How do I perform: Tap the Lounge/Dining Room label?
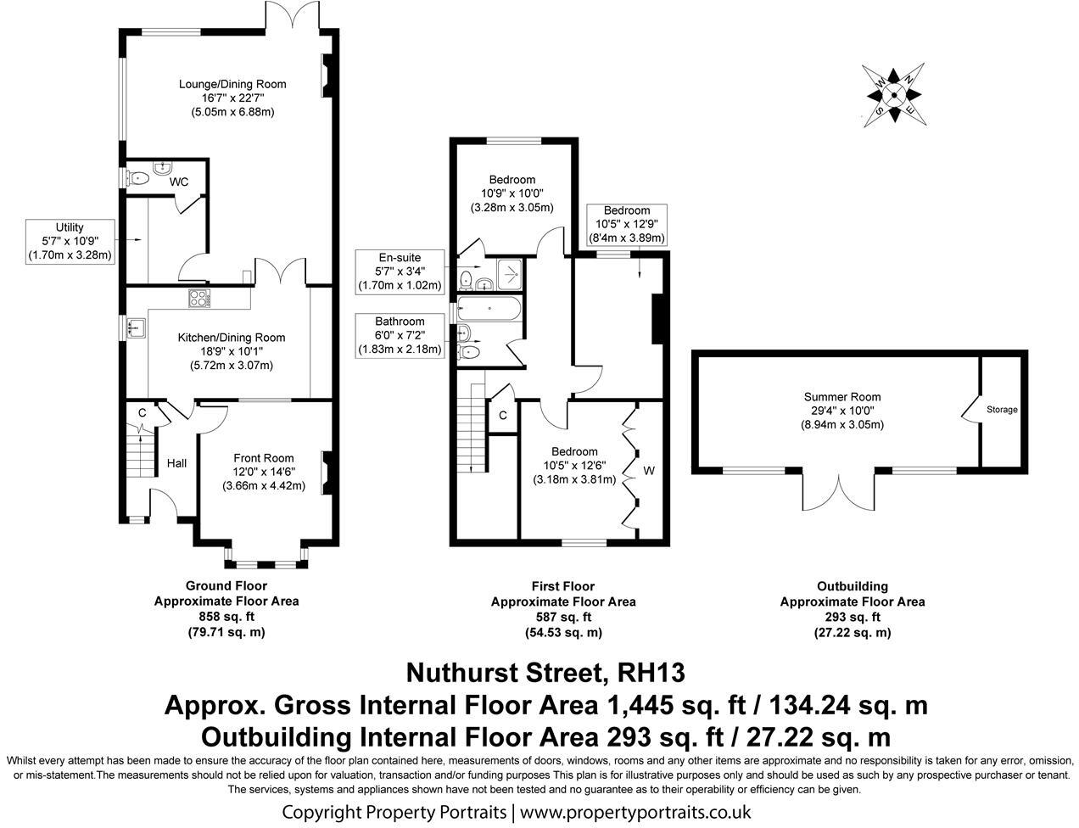(232, 84)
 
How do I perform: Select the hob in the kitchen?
(198, 298)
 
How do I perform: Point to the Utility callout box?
(70, 241)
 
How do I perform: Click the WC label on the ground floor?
(179, 182)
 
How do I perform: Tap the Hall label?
(176, 463)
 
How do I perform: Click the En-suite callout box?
(400, 271)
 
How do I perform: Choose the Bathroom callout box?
(400, 335)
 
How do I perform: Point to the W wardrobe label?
(649, 470)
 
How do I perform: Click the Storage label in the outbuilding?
(1002, 410)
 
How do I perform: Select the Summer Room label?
(842, 396)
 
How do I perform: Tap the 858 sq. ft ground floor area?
(226, 617)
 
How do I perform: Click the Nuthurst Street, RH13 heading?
(545, 673)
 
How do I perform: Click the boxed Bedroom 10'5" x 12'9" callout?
(627, 224)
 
